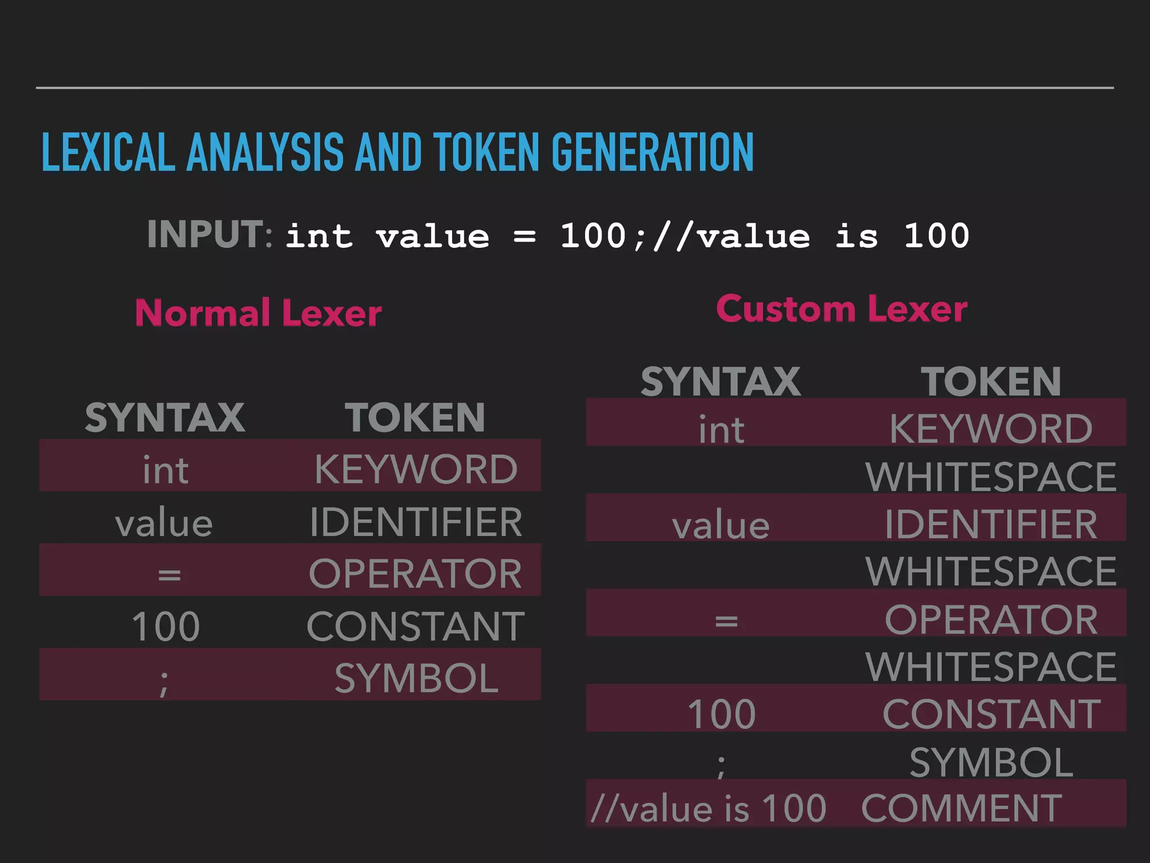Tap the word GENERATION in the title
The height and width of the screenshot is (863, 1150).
(x=652, y=152)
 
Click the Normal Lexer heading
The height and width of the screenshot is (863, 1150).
(x=258, y=313)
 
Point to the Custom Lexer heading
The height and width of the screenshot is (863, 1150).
(x=842, y=309)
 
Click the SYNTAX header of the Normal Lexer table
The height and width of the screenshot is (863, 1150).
(x=165, y=418)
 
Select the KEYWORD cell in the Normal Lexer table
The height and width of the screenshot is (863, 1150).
(x=416, y=469)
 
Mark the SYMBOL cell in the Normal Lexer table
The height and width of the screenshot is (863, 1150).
(x=416, y=678)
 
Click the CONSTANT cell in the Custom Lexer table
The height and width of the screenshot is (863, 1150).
(x=991, y=715)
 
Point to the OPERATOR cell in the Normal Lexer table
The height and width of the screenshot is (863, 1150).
(x=416, y=574)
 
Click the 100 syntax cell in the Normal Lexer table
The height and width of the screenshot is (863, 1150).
(x=166, y=626)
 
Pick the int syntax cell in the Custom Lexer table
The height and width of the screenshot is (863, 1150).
(x=722, y=430)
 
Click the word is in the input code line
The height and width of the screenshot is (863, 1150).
(x=856, y=236)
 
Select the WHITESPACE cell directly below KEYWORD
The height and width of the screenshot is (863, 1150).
(x=991, y=477)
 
